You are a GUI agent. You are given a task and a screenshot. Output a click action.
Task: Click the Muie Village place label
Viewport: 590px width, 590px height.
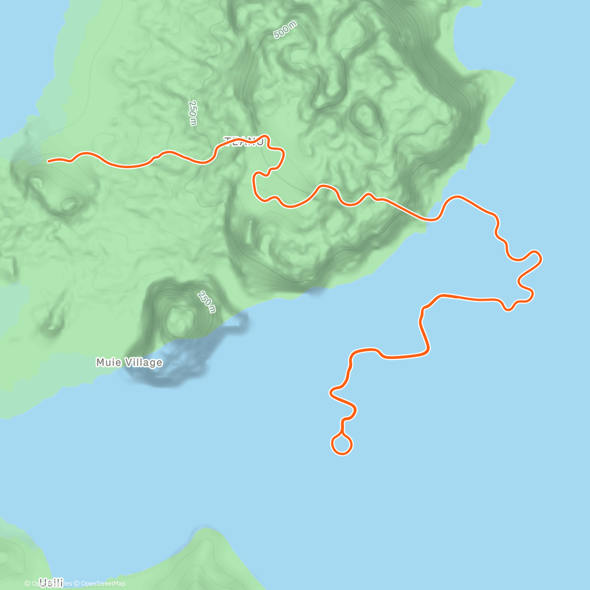pyautogui.click(x=129, y=363)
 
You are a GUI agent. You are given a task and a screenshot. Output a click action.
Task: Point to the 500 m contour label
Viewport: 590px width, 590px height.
pyautogui.click(x=286, y=30)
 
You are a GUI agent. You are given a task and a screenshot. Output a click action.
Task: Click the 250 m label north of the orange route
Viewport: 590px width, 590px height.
pyautogui.click(x=192, y=113)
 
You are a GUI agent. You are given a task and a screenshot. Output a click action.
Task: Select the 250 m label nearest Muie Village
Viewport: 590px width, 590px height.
pyautogui.click(x=206, y=302)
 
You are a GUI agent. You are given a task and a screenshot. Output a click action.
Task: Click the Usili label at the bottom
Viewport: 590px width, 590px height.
pyautogui.click(x=51, y=583)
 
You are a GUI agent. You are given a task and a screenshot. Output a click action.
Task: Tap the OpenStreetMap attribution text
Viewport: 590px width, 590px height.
pyautogui.click(x=103, y=584)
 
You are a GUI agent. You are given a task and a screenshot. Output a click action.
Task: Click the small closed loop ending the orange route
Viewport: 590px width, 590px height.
pyautogui.click(x=342, y=444)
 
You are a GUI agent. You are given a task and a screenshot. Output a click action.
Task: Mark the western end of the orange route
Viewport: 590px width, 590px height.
pyautogui.click(x=48, y=161)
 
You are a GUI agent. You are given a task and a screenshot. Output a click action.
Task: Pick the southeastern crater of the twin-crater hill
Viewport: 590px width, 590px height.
pyautogui.click(x=69, y=203)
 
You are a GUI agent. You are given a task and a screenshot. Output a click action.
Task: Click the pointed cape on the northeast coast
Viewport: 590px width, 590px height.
pyautogui.click(x=514, y=79)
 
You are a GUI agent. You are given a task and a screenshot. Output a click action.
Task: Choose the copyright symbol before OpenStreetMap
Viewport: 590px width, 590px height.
pyautogui.click(x=77, y=584)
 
